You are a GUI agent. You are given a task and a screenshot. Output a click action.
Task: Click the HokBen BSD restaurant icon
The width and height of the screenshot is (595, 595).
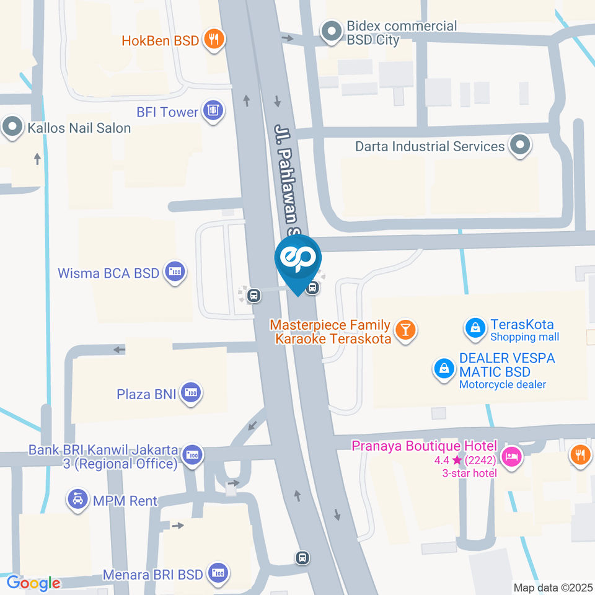coord(214,41)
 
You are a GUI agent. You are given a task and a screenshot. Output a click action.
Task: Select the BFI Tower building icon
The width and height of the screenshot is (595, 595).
coord(213,112)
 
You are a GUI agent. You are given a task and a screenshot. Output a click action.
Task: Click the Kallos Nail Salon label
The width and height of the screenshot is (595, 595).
coord(79,128)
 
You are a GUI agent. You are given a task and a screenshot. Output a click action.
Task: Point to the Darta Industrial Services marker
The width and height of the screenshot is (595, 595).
coord(519,146)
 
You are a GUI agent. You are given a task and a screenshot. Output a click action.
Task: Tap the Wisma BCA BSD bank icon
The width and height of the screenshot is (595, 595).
coord(175,272)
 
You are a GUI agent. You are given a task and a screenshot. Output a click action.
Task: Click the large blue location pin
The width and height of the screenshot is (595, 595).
coord(298,260)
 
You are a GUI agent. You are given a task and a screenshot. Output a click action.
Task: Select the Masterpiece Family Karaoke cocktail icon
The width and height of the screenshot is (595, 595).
coord(405,330)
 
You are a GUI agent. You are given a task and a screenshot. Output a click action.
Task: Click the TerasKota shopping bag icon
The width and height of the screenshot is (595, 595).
coord(475,328)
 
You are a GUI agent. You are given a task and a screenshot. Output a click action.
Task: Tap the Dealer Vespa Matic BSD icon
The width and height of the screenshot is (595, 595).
coord(444,369)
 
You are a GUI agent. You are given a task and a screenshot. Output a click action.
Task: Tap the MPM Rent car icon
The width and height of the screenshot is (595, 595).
coord(78,500)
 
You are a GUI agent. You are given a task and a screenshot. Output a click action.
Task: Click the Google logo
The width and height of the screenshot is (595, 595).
coord(33,583)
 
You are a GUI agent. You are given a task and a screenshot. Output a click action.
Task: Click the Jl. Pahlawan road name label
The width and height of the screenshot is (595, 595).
coord(287,180)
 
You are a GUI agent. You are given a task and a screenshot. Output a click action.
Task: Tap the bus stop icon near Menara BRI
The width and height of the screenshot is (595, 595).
coord(302,558)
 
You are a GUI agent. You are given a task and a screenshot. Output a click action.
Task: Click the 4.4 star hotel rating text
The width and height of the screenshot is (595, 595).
coord(465,460)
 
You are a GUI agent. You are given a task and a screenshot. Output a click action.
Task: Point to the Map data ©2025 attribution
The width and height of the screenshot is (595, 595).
coord(553,587)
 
